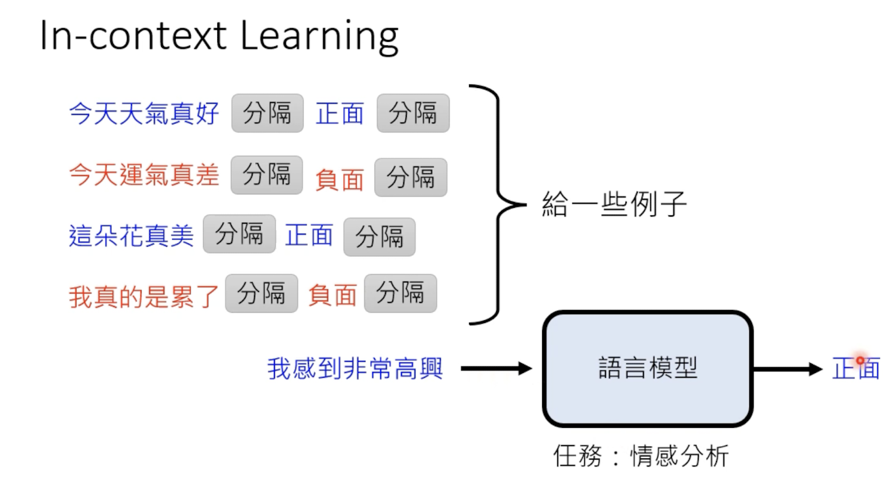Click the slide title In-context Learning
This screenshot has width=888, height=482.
pos(219,37)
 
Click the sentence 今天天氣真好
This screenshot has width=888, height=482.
pos(144,114)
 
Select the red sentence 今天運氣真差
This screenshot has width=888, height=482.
pos(144,176)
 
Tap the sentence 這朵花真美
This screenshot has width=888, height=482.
pos(131,236)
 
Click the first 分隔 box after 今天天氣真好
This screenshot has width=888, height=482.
pos(267,113)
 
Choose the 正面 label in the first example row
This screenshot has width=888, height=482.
pos(340,114)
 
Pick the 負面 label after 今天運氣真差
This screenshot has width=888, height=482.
pos(339,179)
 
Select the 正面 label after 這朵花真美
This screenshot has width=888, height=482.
pos(309,235)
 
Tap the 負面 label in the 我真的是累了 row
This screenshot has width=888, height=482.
pos(332,295)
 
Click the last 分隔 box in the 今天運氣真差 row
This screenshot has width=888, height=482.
pos(411,177)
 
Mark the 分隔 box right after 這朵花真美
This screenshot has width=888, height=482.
pos(239,234)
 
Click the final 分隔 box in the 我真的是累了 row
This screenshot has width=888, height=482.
pos(400,293)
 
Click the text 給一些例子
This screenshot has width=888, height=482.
pos(615,203)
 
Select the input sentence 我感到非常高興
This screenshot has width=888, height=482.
pos(355,369)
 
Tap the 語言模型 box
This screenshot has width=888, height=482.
pos(648,368)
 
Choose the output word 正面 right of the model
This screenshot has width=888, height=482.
pos(856,369)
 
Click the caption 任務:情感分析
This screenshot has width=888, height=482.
pos(640,456)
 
